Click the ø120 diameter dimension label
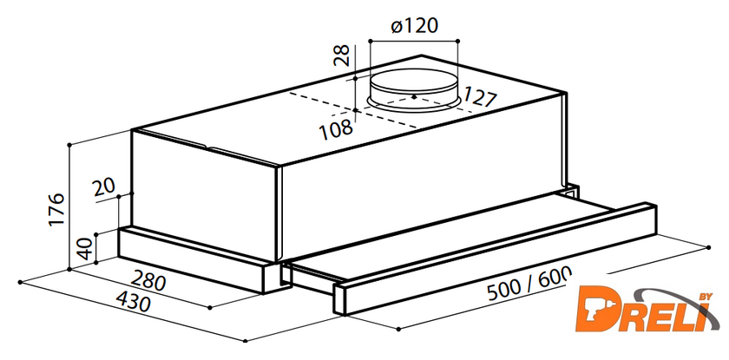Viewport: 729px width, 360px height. tap(414, 26)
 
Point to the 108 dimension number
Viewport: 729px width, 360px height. tap(336, 128)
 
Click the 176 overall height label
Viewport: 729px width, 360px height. tap(56, 209)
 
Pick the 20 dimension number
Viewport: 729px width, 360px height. tap(103, 188)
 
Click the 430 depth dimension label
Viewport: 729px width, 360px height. tap(133, 303)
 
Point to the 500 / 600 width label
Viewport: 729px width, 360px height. tap(529, 285)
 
